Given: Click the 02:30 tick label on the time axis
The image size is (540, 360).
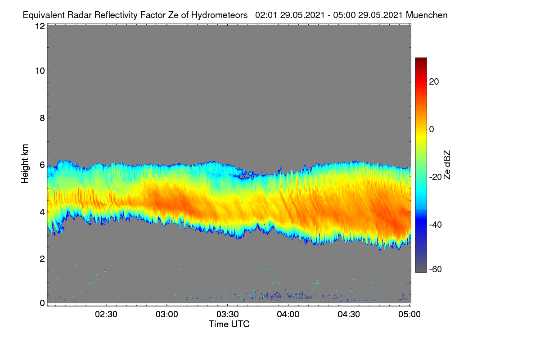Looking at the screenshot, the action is pyautogui.click(x=106, y=315).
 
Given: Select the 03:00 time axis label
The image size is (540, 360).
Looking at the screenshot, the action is pyautogui.click(x=167, y=315).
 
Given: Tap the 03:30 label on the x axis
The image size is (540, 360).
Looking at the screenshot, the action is pyautogui.click(x=228, y=315).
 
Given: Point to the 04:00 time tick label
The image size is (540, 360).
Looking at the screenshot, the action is pyautogui.click(x=288, y=315).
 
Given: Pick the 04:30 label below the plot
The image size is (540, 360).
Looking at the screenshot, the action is pyautogui.click(x=349, y=315).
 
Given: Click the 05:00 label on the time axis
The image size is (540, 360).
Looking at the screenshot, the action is pyautogui.click(x=409, y=315).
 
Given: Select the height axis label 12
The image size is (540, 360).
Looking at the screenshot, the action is pyautogui.click(x=40, y=26).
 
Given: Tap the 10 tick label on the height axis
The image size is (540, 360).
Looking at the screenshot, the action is pyautogui.click(x=40, y=71).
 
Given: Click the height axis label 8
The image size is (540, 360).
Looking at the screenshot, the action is pyautogui.click(x=42, y=118).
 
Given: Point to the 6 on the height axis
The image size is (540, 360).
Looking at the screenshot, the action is pyautogui.click(x=42, y=165).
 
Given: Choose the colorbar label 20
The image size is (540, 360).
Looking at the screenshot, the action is pyautogui.click(x=434, y=82).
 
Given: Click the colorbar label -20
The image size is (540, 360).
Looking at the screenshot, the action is pyautogui.click(x=436, y=177).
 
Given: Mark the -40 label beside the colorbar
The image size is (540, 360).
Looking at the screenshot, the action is pyautogui.click(x=436, y=225).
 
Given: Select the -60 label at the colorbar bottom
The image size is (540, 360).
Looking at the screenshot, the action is pyautogui.click(x=436, y=270).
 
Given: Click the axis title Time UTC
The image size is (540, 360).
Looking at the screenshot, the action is pyautogui.click(x=229, y=324).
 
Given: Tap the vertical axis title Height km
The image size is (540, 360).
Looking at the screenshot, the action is pyautogui.click(x=25, y=164).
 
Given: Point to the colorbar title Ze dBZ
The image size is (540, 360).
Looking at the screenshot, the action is pyautogui.click(x=447, y=165).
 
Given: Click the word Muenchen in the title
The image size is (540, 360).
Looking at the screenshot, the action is pyautogui.click(x=427, y=15).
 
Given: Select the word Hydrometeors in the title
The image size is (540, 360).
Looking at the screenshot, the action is pyautogui.click(x=219, y=15).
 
